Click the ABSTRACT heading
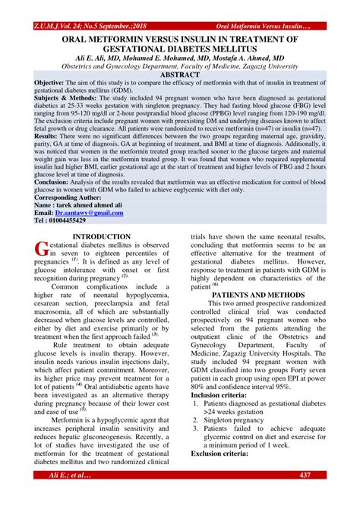(179, 75)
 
